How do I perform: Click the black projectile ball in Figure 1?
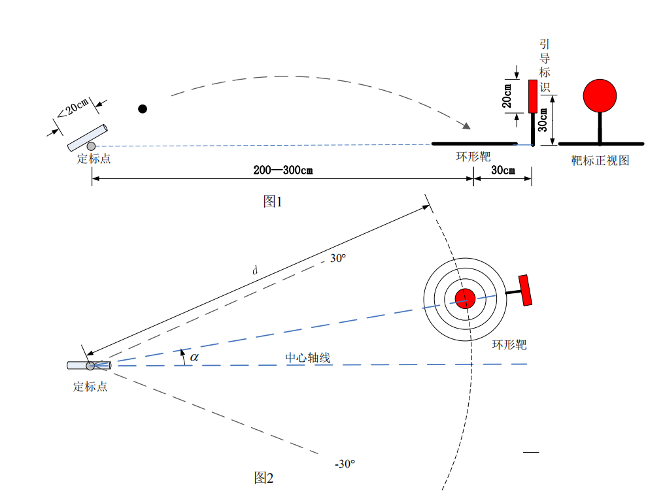point(143,109)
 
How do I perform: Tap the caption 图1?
point(272,201)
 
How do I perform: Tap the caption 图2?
point(264,478)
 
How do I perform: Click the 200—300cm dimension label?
point(283,170)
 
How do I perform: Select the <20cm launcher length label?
point(73,108)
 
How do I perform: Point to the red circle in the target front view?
point(600,96)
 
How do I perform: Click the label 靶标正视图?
point(600,161)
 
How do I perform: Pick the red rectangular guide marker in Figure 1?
point(533,96)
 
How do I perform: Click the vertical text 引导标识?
point(545,66)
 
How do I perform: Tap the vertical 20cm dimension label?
point(507,96)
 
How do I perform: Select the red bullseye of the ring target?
point(466,299)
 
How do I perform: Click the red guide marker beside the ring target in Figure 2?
point(525,290)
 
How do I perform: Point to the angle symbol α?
point(194,357)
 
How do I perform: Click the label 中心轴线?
point(307,357)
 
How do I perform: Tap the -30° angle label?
point(345,464)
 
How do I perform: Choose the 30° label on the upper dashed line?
point(338,258)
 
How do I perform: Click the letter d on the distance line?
point(255,270)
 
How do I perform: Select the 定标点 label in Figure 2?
point(90,387)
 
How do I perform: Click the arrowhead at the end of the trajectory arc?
point(466,125)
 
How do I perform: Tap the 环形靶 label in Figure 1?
point(473,157)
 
